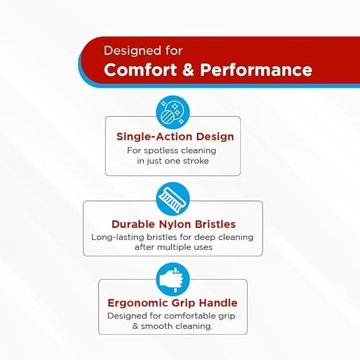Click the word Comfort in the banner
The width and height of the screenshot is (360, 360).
(x=140, y=70)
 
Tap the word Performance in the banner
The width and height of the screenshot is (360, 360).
(x=256, y=70)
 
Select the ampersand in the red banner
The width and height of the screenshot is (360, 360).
(x=188, y=70)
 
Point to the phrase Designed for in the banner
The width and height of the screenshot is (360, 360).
(x=143, y=51)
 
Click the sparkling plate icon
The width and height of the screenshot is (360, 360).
(x=173, y=112)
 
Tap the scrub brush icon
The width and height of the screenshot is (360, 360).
(x=173, y=198)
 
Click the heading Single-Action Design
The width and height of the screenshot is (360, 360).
(x=175, y=136)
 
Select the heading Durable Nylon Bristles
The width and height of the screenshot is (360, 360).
(x=173, y=224)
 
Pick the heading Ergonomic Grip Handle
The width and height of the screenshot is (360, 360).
(x=172, y=303)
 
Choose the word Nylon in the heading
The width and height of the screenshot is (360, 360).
(x=175, y=224)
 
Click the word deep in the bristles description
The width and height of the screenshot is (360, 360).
(x=205, y=237)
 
